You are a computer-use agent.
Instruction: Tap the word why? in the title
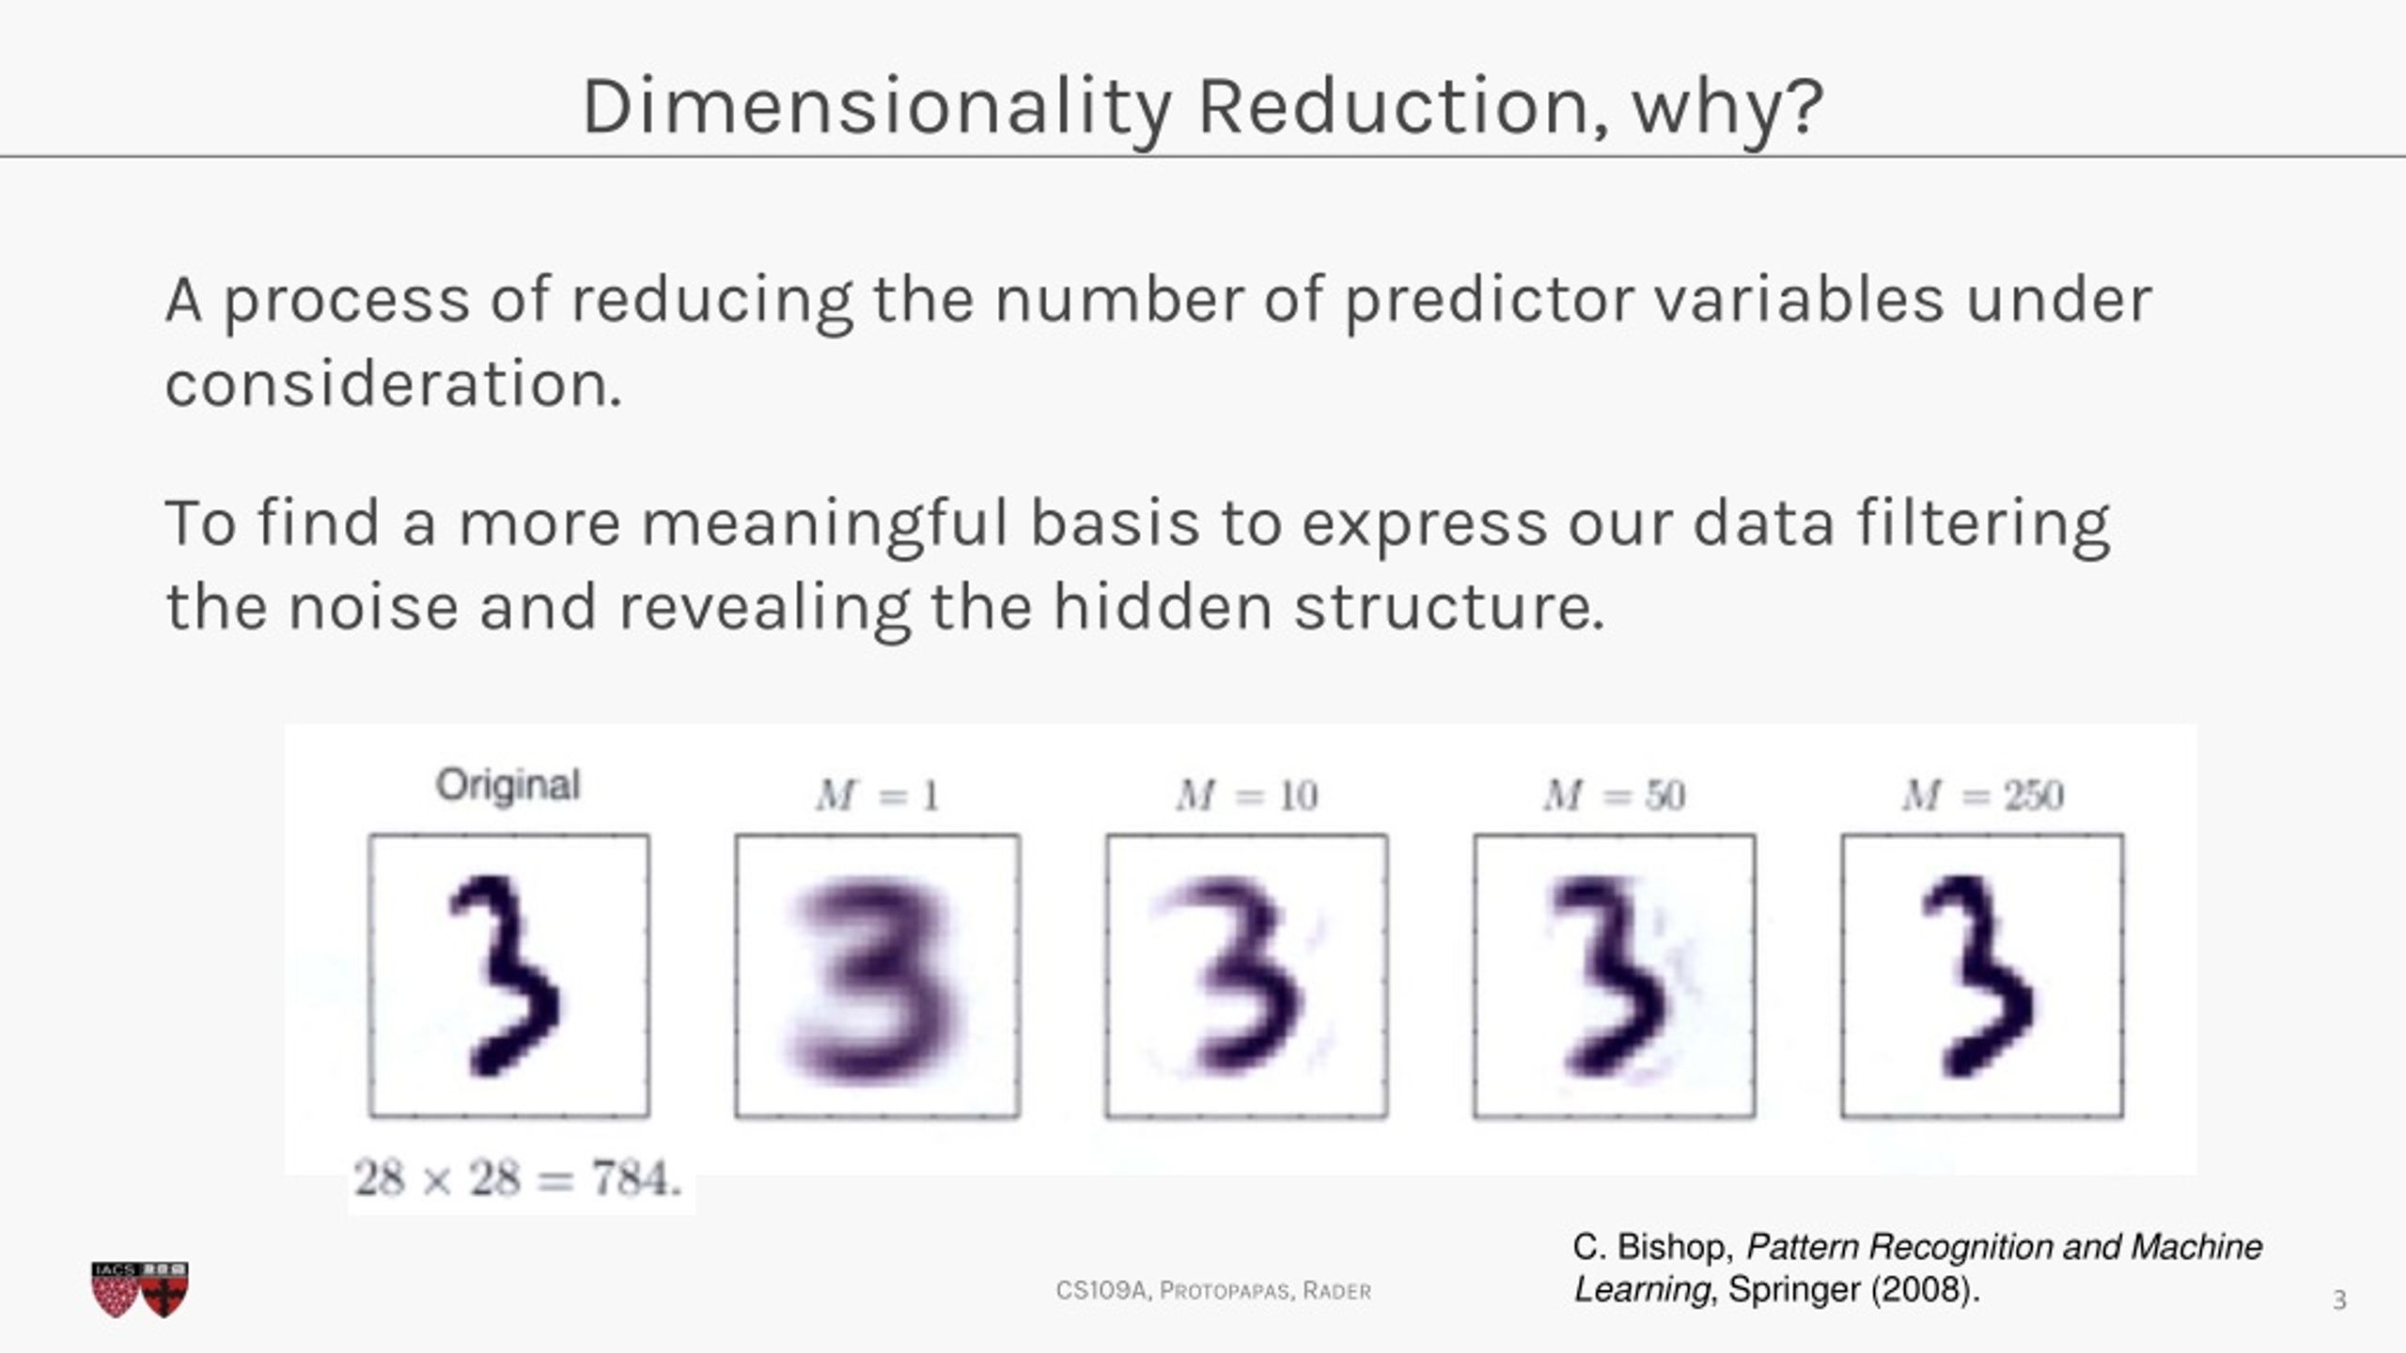pyautogui.click(x=1727, y=106)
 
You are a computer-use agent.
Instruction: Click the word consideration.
pyautogui.click(x=393, y=384)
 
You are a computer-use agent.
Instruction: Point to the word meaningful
pyautogui.click(x=824, y=523)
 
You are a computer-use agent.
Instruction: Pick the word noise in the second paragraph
pyautogui.click(x=373, y=607)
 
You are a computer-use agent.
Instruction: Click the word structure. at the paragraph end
pyautogui.click(x=1448, y=607)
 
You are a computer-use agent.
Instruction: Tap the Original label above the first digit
pyautogui.click(x=508, y=785)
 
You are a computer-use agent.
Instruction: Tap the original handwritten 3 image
pyautogui.click(x=508, y=975)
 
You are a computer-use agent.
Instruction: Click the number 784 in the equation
pyautogui.click(x=634, y=1178)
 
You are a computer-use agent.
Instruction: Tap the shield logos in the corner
pyautogui.click(x=140, y=1289)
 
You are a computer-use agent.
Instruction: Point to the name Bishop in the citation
pyautogui.click(x=1675, y=1248)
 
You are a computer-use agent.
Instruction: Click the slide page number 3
pyautogui.click(x=2339, y=1300)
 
